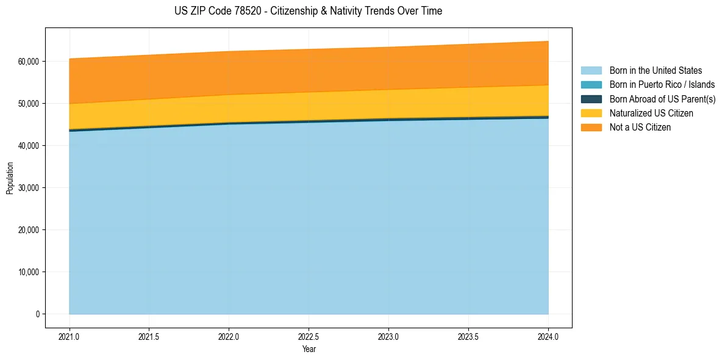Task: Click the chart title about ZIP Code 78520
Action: pyautogui.click(x=308, y=11)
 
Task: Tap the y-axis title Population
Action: pyautogui.click(x=10, y=178)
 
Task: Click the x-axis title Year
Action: pyautogui.click(x=309, y=350)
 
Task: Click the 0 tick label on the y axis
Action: pyautogui.click(x=38, y=314)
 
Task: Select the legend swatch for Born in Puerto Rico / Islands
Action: pyautogui.click(x=591, y=85)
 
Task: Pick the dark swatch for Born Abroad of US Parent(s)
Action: pyautogui.click(x=591, y=99)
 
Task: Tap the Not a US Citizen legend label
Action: pyautogui.click(x=640, y=128)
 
